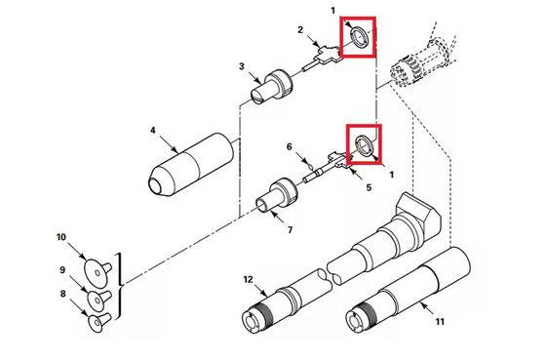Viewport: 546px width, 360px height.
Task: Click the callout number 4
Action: coord(153,131)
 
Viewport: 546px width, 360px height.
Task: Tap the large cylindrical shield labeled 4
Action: coord(190,164)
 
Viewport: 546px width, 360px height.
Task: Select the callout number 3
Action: coord(242,66)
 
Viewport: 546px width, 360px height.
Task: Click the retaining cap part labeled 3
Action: coord(272,87)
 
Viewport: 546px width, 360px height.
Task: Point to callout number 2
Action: coord(300,30)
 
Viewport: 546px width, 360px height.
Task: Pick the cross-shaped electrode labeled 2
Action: coord(322,59)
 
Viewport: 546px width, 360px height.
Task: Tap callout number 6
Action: coord(290,146)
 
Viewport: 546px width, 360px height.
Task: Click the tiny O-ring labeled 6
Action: coord(306,161)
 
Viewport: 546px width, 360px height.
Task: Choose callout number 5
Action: coord(369,187)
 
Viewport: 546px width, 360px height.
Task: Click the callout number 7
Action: coord(291,230)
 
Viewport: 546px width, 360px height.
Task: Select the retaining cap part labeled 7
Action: coord(277,196)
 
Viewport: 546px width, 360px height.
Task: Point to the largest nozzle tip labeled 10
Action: coord(97,273)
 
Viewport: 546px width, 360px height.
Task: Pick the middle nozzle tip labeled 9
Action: coord(98,300)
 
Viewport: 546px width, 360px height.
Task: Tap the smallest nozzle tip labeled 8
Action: coord(99,321)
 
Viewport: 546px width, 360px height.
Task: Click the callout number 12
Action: coord(248,279)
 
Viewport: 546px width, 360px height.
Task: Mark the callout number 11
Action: coord(440,321)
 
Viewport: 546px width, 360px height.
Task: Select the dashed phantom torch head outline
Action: coord(423,61)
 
